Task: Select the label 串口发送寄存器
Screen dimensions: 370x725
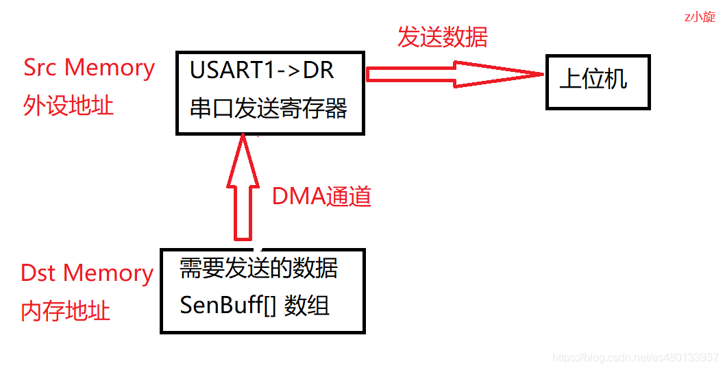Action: pos(269,109)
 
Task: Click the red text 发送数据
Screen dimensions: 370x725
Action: pos(443,37)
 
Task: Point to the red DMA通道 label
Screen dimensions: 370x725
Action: pos(322,197)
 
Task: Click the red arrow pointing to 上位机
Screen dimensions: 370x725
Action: pos(452,73)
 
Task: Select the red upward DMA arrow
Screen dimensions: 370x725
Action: pos(243,188)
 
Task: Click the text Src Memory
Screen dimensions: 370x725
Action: pos(89,68)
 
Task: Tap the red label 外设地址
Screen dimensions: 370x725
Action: pos(69,106)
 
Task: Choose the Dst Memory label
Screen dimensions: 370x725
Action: pos(87,273)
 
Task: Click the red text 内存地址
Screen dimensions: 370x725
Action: pos(66,311)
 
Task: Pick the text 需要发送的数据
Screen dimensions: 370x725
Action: pos(259,268)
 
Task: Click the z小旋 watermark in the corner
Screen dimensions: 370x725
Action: pos(700,17)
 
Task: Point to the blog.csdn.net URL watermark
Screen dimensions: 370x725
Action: pos(635,358)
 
